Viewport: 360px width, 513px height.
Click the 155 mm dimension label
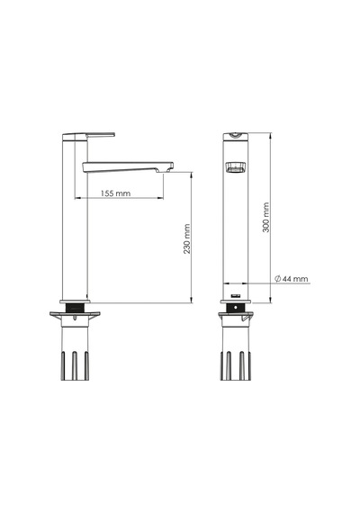click(x=115, y=193)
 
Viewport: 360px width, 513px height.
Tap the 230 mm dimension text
click(x=187, y=238)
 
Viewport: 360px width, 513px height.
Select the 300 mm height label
click(x=266, y=217)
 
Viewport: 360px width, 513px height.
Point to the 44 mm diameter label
click(x=295, y=279)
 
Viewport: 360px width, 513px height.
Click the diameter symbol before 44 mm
click(x=277, y=279)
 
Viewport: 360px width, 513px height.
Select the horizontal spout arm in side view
click(x=128, y=166)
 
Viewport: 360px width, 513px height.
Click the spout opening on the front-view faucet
click(x=236, y=166)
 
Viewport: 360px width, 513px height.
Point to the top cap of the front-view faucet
click(x=236, y=136)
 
